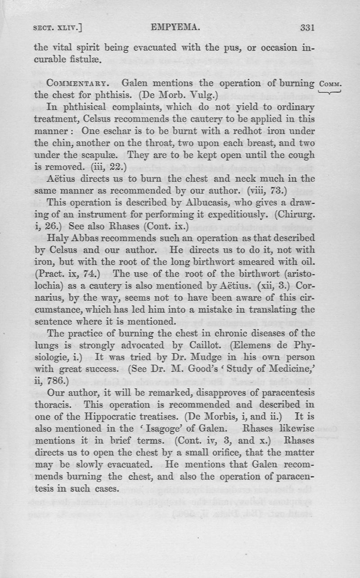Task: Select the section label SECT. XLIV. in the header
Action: [58, 28]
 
